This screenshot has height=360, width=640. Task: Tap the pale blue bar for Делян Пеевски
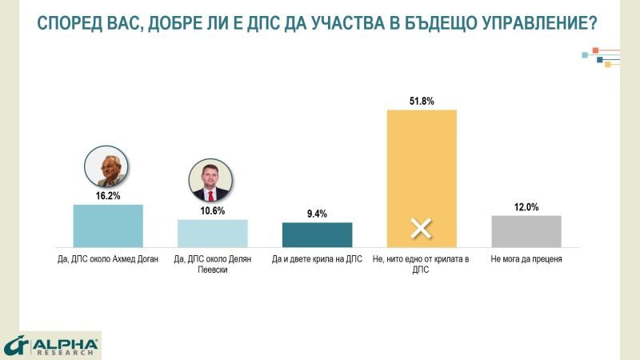212,232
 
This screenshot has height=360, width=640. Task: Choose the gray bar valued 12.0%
526,230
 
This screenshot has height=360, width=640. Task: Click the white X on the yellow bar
422,229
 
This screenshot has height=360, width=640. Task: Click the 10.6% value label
212,211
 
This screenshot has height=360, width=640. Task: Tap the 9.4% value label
317,214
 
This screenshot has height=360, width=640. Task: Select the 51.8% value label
421,101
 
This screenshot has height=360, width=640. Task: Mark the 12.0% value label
526,207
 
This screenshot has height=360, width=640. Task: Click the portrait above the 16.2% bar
107,167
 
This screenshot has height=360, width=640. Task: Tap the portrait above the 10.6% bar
211,182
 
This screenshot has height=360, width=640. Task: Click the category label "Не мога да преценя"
526,260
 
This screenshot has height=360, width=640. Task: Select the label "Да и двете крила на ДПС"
317,260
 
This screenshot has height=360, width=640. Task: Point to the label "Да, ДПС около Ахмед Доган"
108,260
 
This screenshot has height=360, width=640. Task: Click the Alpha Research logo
51,346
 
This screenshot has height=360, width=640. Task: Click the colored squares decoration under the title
601,58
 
